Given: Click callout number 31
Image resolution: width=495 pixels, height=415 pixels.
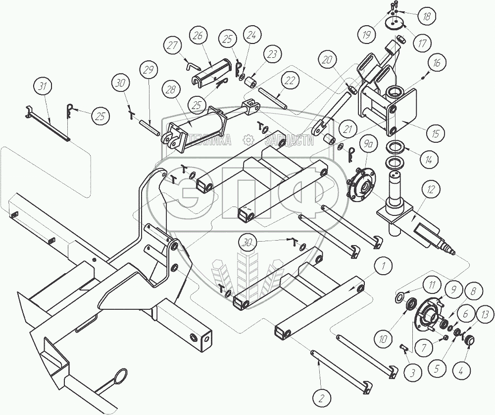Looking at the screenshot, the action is tap(42, 86).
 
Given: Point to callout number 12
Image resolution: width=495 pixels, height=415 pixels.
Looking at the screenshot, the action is tap(431, 189).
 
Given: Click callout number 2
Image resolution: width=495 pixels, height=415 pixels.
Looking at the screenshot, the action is tap(321, 398).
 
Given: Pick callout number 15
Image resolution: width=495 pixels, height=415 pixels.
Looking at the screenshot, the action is tap(435, 134).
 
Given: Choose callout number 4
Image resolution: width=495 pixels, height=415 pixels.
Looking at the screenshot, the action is tap(461, 370).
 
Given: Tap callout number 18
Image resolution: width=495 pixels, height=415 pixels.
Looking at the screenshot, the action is tap(427, 16).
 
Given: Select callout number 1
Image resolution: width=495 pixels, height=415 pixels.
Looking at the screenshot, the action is tap(383, 266).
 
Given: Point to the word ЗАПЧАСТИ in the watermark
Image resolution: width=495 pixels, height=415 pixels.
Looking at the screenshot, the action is tap(290, 141).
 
